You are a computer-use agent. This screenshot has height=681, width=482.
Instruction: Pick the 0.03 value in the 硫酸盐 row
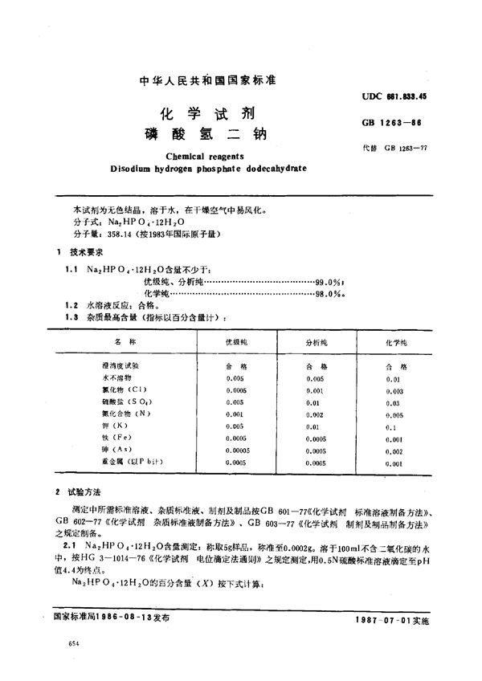click(x=391, y=400)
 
